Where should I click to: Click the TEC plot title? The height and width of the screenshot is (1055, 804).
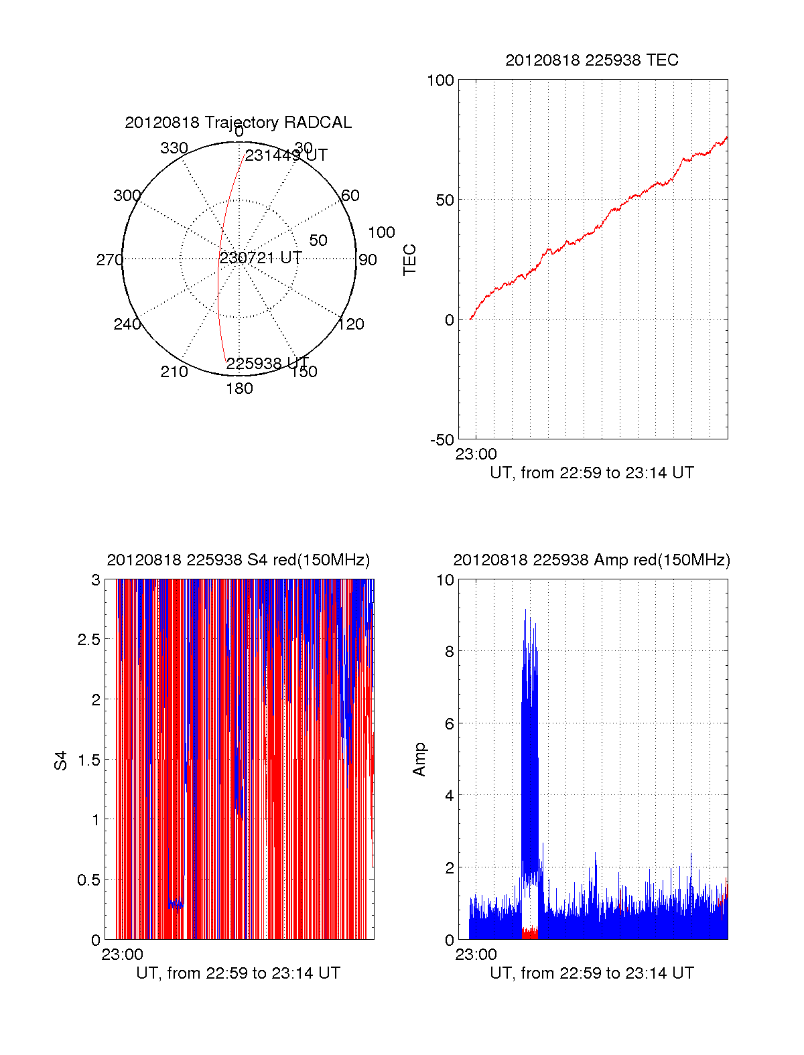pyautogui.click(x=592, y=60)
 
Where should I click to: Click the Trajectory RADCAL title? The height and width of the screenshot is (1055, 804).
pyautogui.click(x=238, y=123)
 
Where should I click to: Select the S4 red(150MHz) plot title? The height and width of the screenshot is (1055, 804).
pyautogui.click(x=238, y=560)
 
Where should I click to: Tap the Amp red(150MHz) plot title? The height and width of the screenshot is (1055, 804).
pyautogui.click(x=592, y=560)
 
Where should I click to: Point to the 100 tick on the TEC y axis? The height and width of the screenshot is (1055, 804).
pyautogui.click(x=440, y=80)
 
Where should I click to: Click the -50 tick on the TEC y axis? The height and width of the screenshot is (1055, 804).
pyautogui.click(x=442, y=440)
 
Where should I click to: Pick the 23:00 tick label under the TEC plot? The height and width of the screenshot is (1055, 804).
pyautogui.click(x=476, y=454)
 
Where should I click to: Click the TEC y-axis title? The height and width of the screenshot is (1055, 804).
pyautogui.click(x=409, y=260)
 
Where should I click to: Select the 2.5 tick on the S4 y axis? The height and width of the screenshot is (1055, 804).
pyautogui.click(x=88, y=640)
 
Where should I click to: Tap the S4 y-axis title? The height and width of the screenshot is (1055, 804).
pyautogui.click(x=61, y=761)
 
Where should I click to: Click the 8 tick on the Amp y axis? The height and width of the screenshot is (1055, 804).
pyautogui.click(x=449, y=652)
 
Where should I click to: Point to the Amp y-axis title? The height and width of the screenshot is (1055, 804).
pyautogui.click(x=419, y=760)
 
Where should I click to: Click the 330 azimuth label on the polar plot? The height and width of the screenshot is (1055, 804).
pyautogui.click(x=174, y=148)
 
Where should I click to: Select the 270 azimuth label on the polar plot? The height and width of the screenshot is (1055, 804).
pyautogui.click(x=109, y=260)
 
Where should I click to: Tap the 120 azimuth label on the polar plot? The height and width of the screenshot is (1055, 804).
pyautogui.click(x=351, y=324)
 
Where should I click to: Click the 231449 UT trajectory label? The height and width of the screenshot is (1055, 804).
pyautogui.click(x=286, y=155)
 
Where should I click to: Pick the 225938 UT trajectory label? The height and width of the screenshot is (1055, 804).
pyautogui.click(x=267, y=363)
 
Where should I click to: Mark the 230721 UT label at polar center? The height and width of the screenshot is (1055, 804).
pyautogui.click(x=261, y=258)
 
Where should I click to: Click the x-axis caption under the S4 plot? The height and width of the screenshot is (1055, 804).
pyautogui.click(x=238, y=973)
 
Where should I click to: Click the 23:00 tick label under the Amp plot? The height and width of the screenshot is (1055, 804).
pyautogui.click(x=476, y=955)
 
